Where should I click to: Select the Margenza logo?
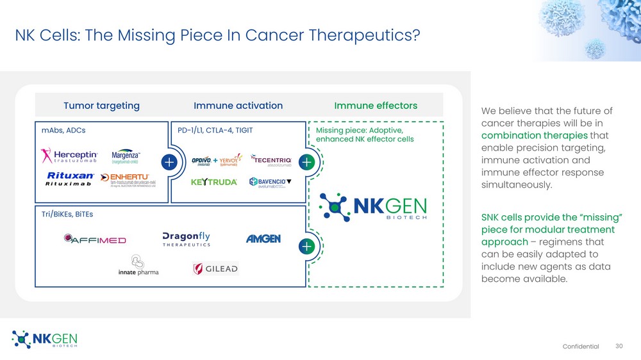click(x=126, y=158)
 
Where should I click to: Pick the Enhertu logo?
click(x=130, y=179)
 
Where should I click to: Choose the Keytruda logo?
click(x=214, y=182)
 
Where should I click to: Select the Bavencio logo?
click(x=271, y=182)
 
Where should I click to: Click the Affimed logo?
click(x=95, y=240)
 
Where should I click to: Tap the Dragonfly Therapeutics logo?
click(x=187, y=239)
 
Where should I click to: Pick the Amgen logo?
click(x=263, y=239)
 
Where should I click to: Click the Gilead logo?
click(x=215, y=269)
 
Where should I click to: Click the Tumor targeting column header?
click(x=101, y=106)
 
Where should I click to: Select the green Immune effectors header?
click(x=376, y=106)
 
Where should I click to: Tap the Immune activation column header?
click(x=238, y=106)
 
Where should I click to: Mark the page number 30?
click(x=619, y=347)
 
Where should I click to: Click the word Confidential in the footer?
click(x=581, y=347)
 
